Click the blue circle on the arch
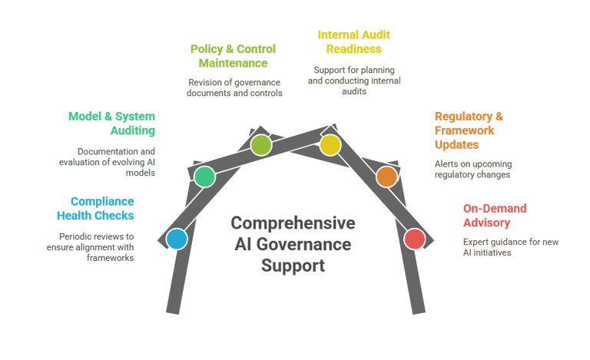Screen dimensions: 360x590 tap(177, 239)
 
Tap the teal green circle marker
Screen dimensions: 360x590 tap(204, 177)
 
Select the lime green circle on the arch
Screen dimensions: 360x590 tap(261, 144)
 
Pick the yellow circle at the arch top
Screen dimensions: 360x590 tap(330, 144)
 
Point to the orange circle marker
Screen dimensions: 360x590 tap(386, 177)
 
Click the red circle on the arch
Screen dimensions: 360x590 tap(414, 239)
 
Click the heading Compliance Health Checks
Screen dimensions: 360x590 tap(97, 208)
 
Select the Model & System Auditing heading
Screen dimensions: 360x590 tap(111, 124)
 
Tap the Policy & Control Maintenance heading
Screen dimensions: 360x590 tap(233, 56)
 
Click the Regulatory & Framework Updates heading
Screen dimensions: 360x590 tap(469, 130)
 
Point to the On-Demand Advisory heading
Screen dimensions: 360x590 tap(496, 215)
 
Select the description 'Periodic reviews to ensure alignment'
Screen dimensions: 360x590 tap(97, 247)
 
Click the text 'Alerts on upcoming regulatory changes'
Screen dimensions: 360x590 tap(472, 169)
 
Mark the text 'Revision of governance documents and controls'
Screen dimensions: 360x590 tap(234, 88)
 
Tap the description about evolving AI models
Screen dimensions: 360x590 tap(108, 162)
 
